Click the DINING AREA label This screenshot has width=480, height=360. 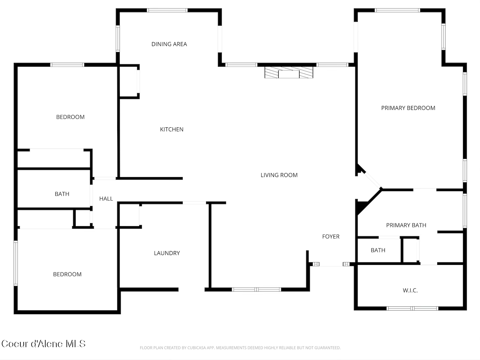[169, 44]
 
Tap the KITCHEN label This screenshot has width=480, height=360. [172, 129]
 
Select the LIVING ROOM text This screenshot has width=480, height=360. [279, 175]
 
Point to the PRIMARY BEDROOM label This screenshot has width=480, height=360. [408, 108]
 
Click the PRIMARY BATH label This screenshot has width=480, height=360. [406, 225]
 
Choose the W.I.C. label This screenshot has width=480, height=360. [410, 291]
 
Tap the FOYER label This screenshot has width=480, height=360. [331, 237]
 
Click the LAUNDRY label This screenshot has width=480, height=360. [167, 253]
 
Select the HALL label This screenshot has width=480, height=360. [106, 199]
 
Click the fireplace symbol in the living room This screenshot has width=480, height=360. [289, 72]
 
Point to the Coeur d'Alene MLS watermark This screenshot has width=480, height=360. [43, 344]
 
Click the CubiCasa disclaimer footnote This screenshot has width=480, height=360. [240, 348]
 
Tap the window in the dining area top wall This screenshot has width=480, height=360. [167, 10]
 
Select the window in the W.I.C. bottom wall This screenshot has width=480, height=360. [412, 308]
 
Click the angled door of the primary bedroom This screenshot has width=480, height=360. [373, 180]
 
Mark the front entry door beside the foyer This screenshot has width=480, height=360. [331, 264]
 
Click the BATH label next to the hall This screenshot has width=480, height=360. [62, 194]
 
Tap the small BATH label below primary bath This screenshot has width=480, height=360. [378, 250]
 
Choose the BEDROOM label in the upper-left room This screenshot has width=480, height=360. [70, 117]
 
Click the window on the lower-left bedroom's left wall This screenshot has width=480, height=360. [15, 263]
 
